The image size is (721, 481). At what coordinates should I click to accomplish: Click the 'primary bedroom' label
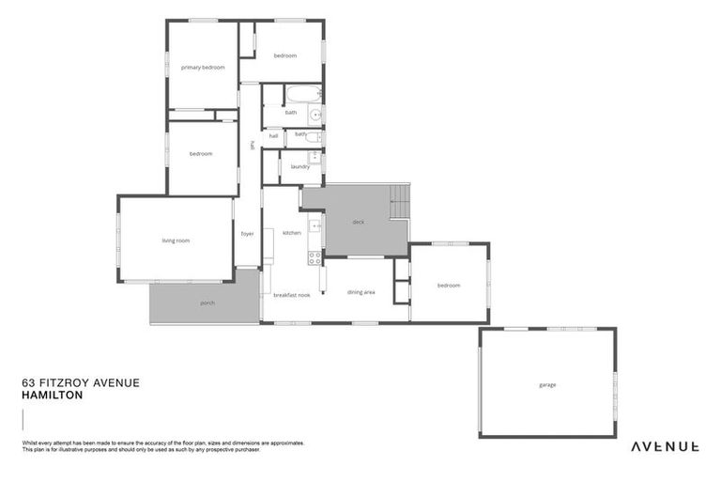pyautogui.click(x=203, y=68)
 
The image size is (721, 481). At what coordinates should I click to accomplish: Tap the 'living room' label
pyautogui.click(x=176, y=240)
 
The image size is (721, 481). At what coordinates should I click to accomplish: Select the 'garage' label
pyautogui.click(x=547, y=385)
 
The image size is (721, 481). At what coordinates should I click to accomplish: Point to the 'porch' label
pyautogui.click(x=207, y=303)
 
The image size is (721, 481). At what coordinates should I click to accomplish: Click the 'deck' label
pyautogui.click(x=358, y=223)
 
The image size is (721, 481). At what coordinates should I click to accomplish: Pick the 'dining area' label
pyautogui.click(x=361, y=292)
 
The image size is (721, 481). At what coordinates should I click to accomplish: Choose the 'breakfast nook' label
pyautogui.click(x=291, y=295)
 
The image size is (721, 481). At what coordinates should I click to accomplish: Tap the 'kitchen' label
pyautogui.click(x=292, y=232)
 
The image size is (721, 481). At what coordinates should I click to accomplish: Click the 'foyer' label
pyautogui.click(x=248, y=233)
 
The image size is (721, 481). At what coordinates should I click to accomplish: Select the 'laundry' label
pyautogui.click(x=299, y=166)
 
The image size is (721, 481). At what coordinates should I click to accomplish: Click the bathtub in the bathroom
pyautogui.click(x=301, y=94)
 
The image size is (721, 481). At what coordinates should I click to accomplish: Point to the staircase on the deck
pyautogui.click(x=400, y=199)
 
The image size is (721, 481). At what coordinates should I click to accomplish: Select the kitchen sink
pyautogui.click(x=314, y=226)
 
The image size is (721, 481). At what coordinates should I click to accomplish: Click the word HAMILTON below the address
pyautogui.click(x=52, y=396)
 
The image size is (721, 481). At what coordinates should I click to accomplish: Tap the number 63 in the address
pyautogui.click(x=27, y=382)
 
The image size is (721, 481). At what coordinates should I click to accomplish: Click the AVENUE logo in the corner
pyautogui.click(x=664, y=445)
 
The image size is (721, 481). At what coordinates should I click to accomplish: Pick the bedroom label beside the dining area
pyautogui.click(x=448, y=285)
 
